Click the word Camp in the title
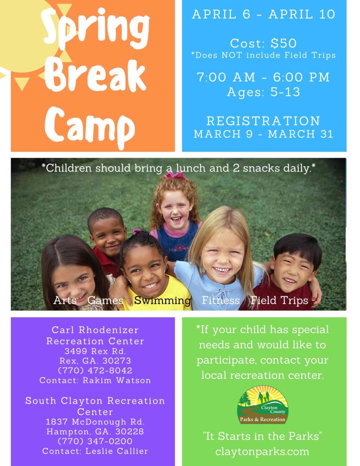pos(90,128)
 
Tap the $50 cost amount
pos(284,44)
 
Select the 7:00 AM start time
pos(226,77)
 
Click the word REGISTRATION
pos(263,121)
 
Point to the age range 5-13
pos(285,92)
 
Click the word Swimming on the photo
pos(163,300)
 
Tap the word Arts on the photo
pos(65,300)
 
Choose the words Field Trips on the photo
pos(279,300)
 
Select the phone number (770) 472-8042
pos(95,370)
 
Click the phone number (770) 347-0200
pos(95,441)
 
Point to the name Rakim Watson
pos(117,381)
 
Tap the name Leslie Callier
pos(117,451)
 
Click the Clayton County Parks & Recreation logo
pos(263,404)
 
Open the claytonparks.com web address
pos(262,452)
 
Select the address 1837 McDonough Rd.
pos(95,422)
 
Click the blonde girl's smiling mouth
pos(222,270)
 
